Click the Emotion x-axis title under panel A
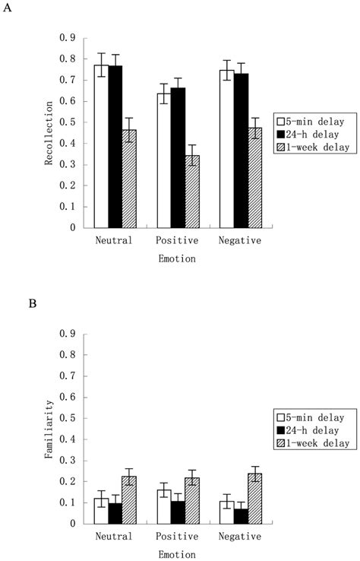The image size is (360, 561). tap(177, 259)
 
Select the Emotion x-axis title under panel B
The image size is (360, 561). tap(177, 555)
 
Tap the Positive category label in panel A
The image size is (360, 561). tap(178, 241)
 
